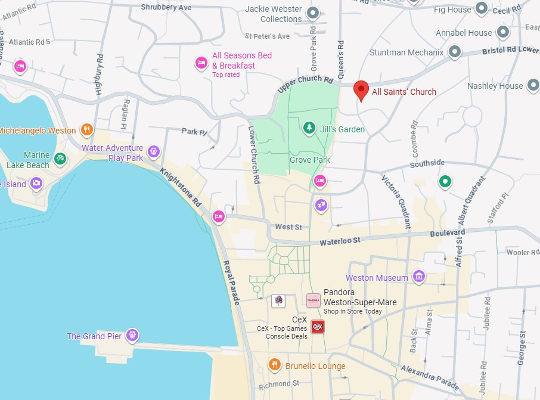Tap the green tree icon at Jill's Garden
click(x=309, y=128)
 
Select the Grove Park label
click(x=310, y=160)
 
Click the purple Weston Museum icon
click(x=419, y=277)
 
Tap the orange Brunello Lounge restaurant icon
click(x=274, y=364)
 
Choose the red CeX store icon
click(x=318, y=326)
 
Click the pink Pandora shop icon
click(x=314, y=300)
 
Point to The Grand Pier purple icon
click(x=132, y=335)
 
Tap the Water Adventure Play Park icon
click(x=154, y=151)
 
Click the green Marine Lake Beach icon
click(x=59, y=159)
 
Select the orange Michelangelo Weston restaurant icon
click(x=87, y=129)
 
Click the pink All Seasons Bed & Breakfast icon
click(x=201, y=63)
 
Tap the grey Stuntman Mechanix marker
click(x=455, y=52)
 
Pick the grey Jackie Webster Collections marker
click(x=312, y=13)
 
